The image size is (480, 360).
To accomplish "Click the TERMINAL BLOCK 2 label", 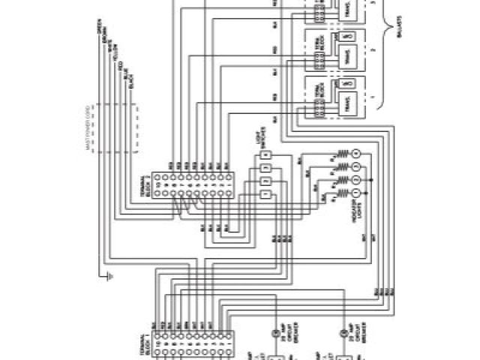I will point(148,188).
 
